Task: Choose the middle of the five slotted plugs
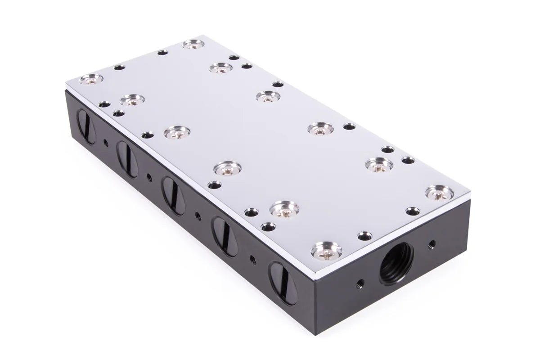pyautogui.click(x=173, y=195)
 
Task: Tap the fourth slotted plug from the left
pyautogui.click(x=225, y=236)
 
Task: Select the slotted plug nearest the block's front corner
pyautogui.click(x=283, y=277)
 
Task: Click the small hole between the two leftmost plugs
pyautogui.click(x=105, y=144)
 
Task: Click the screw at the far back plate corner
pyautogui.click(x=193, y=44)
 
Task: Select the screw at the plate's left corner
pyautogui.click(x=91, y=80)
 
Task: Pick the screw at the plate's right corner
pyautogui.click(x=439, y=193)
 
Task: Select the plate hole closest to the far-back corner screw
pyautogui.click(x=163, y=52)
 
